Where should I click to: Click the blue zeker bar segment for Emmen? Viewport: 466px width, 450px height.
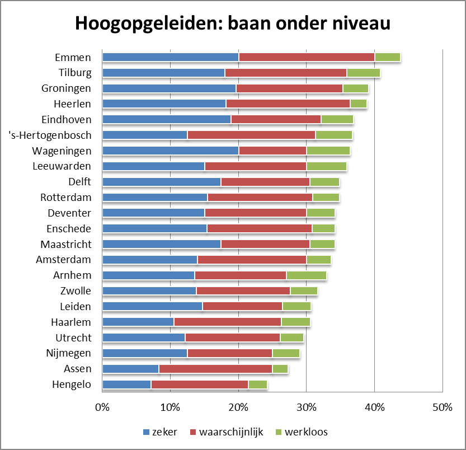pos(171,57)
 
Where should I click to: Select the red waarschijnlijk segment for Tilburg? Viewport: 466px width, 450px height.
pos(285,73)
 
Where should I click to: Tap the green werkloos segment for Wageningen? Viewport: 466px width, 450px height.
pos(328,150)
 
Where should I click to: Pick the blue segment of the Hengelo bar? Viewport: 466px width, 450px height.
pos(127,385)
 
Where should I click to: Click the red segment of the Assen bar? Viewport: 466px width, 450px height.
pos(215,369)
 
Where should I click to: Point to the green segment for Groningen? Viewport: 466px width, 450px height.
pos(355,88)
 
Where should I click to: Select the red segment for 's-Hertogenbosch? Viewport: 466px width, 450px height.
pos(251,135)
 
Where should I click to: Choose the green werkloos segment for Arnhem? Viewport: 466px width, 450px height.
pos(306,275)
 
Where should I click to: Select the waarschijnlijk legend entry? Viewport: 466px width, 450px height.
pos(226,432)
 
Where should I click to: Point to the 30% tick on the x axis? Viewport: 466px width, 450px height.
pos(306,407)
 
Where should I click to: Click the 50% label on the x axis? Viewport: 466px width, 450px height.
pos(442,407)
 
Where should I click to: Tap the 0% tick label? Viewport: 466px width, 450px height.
pos(102,407)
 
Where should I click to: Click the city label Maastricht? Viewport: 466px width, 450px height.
pos(65,245)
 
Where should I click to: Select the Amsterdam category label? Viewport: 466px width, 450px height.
pos(63,260)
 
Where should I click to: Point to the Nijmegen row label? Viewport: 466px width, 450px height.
pos(68,353)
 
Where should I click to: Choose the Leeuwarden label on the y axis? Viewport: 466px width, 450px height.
pos(64,166)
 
